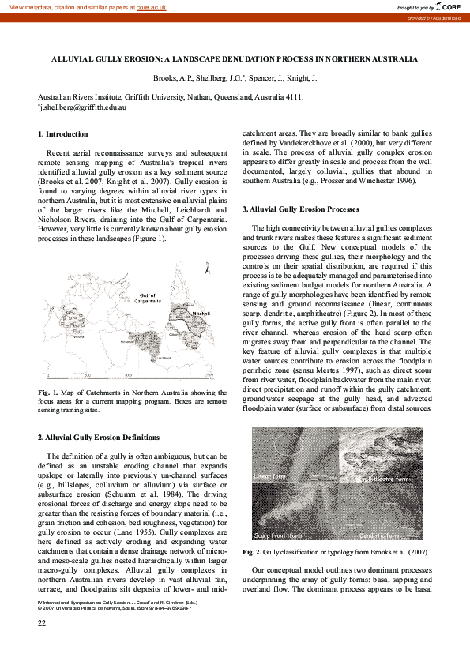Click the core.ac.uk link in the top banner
[x=153, y=6]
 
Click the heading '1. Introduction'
[x=62, y=134]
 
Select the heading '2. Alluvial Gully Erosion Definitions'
[x=99, y=437]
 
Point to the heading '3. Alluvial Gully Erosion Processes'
[x=300, y=209]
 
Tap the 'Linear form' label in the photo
[x=270, y=477]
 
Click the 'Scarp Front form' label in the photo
[x=278, y=535]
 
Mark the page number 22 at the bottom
[x=43, y=624]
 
